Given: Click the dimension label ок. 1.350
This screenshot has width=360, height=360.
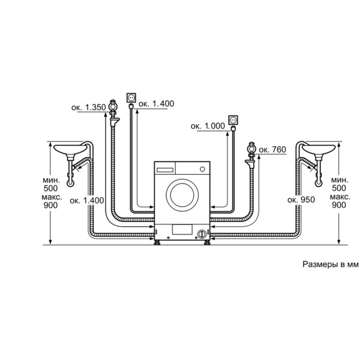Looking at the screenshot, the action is coord(89,107).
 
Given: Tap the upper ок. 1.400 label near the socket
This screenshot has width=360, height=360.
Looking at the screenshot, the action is coord(157,104).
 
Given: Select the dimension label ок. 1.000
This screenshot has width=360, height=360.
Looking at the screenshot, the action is coord(208,126).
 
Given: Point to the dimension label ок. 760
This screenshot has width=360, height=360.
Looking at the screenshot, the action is coord(272,149).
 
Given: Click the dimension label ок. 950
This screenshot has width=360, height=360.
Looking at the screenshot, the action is coord(301,200).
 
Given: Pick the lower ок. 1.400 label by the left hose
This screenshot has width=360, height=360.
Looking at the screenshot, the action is coord(87,200).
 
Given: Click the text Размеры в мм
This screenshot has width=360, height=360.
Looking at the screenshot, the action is coord(331,264).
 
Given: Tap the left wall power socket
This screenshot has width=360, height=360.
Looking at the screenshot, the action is coord(131,98).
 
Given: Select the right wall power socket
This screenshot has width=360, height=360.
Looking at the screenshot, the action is coord(233,121).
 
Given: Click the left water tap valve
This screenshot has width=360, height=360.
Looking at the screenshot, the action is coord(113,107).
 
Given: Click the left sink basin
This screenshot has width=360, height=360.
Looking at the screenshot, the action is coord(70,149).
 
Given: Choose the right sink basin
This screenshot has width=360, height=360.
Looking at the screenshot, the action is coord(319,149).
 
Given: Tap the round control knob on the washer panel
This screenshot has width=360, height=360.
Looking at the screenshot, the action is coord(202,169).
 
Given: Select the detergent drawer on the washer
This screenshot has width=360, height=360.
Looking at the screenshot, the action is coord(165,170).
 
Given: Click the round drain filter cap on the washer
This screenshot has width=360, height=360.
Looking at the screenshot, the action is coord(202,235).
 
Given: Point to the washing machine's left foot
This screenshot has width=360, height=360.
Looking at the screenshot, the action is coord(157,242).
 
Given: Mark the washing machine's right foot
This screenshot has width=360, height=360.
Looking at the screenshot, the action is coord(206,242).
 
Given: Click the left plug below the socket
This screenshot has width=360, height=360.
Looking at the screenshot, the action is coord(131,106).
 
